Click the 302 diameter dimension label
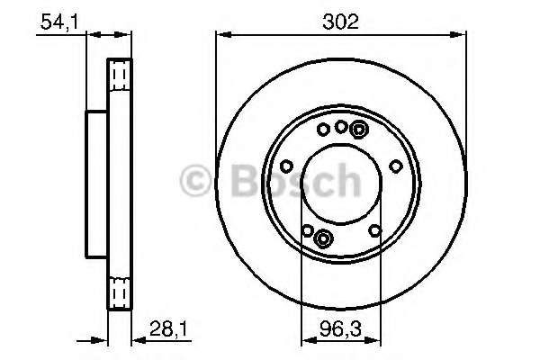pos(340,22)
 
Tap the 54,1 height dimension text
pos(59,22)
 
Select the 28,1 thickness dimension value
pos(169,329)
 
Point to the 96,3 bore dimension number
pos(340,328)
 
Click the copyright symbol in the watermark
pos(195,181)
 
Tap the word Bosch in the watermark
pos(295,181)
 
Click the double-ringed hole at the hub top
pos(359,130)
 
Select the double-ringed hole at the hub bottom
pos(323,238)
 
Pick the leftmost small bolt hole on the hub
pos(286,166)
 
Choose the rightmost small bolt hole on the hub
pos(396,166)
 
